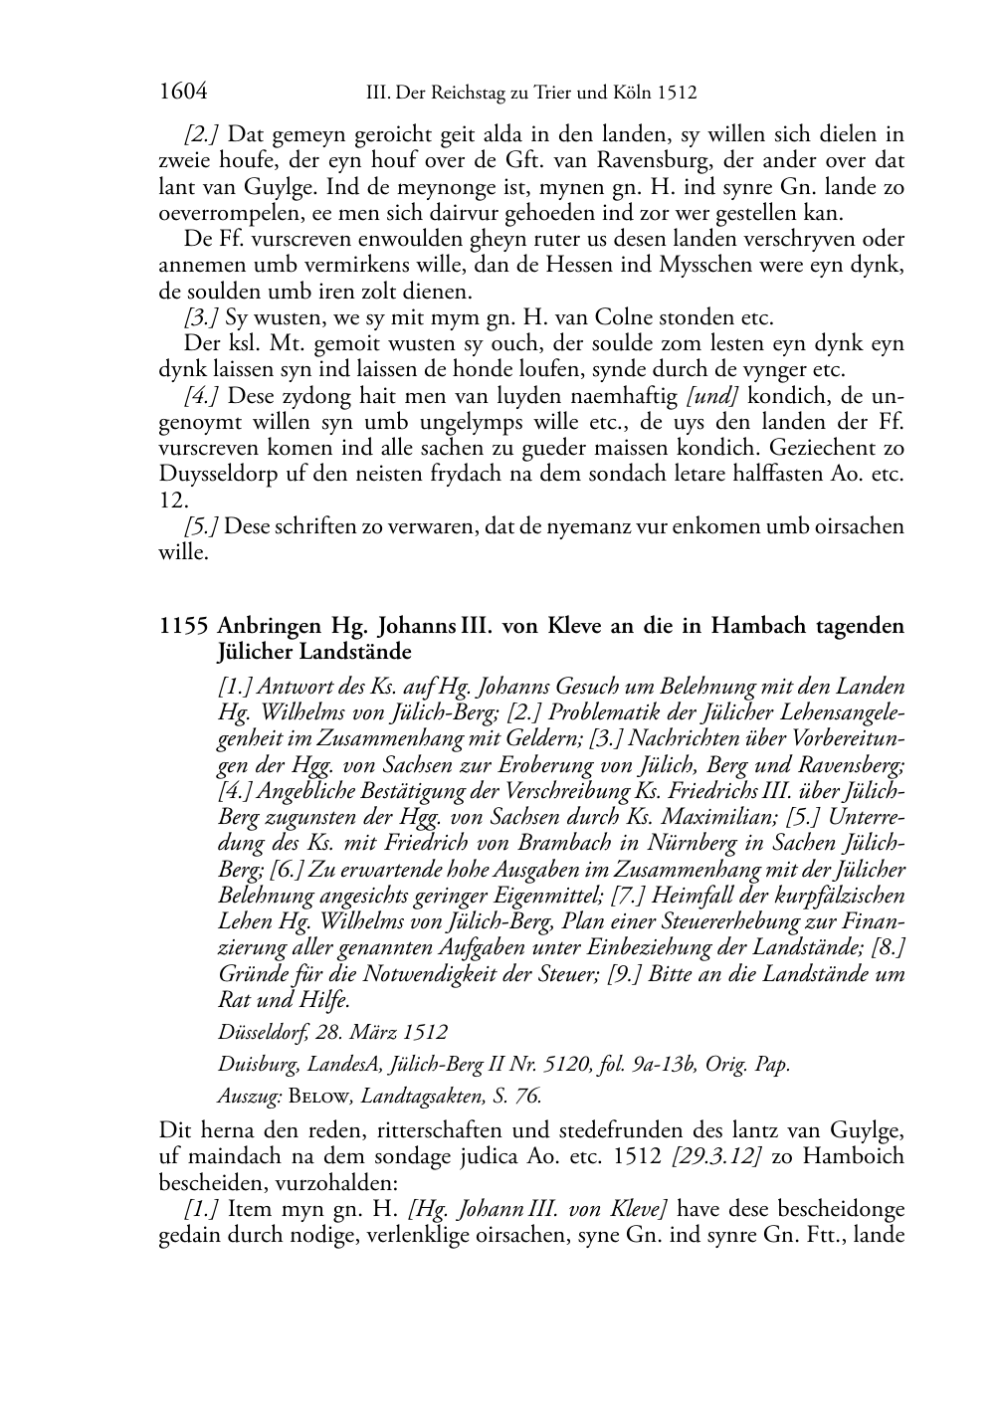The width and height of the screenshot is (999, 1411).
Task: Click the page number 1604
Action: tap(183, 93)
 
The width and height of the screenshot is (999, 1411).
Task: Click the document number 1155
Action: tap(183, 627)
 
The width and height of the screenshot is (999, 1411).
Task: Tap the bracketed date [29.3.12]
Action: tap(715, 1157)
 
